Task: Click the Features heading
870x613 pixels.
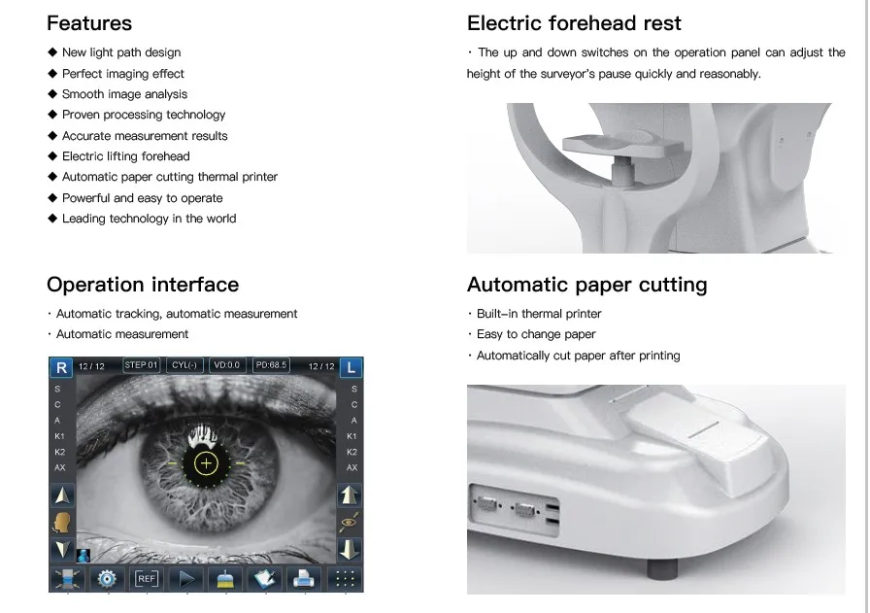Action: point(89,23)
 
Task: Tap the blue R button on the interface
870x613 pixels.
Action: point(61,367)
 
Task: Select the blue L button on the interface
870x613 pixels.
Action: point(351,367)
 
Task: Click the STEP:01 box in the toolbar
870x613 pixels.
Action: point(141,365)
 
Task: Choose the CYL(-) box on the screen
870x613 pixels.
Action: point(184,365)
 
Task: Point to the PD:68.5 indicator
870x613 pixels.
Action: point(271,365)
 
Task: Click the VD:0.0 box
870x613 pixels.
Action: point(227,365)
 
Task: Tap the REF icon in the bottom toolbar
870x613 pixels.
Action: point(147,579)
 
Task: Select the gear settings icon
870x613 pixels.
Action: point(107,579)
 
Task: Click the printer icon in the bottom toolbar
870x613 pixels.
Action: point(304,579)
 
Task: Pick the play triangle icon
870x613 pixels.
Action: point(186,579)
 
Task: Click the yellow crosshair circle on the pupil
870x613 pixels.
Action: point(206,463)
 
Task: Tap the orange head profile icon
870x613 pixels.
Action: point(61,523)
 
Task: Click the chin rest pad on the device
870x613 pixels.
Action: point(622,145)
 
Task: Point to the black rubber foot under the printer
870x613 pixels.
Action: point(662,568)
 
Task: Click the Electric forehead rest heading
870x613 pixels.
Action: point(574,23)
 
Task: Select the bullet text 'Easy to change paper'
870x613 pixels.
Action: point(536,334)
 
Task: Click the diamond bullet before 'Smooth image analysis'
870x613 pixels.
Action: point(52,94)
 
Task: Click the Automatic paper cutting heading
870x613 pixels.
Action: point(587,285)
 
